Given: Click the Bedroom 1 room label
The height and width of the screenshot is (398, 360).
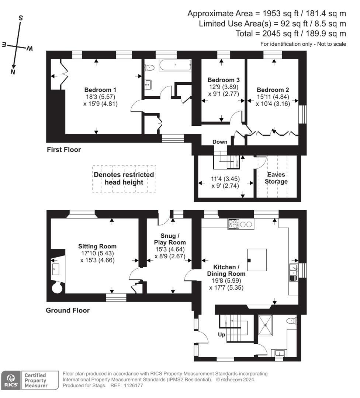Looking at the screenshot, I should pyautogui.click(x=100, y=90).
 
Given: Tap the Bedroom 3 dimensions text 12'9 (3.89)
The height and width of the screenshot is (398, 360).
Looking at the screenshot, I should pyautogui.click(x=224, y=87).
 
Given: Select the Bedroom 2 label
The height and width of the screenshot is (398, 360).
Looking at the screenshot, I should pyautogui.click(x=273, y=90).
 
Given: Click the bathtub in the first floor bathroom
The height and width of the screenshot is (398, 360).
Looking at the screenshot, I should pyautogui.click(x=175, y=66).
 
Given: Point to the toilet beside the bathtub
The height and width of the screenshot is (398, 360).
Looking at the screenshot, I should pyautogui.click(x=149, y=67).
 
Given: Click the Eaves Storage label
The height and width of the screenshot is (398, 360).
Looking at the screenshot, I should pyautogui.click(x=276, y=178).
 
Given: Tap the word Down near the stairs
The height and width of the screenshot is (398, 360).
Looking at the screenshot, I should pyautogui.click(x=219, y=142).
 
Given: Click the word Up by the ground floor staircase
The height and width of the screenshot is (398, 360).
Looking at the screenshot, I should pyautogui.click(x=221, y=335).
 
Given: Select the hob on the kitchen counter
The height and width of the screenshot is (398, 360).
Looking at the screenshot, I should pyautogui.click(x=233, y=224).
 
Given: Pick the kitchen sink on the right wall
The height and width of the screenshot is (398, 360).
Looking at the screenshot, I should pyautogui.click(x=294, y=272).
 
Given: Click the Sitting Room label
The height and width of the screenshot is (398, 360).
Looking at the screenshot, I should pyautogui.click(x=97, y=247).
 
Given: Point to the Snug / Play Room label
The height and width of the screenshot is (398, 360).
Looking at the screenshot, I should pyautogui.click(x=170, y=239).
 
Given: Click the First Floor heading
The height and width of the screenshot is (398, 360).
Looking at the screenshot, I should pyautogui.click(x=64, y=150).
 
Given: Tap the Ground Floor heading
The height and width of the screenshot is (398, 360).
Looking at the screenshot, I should pyautogui.click(x=67, y=310).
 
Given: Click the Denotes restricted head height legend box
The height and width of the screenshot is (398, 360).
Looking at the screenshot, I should pyautogui.click(x=124, y=179).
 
